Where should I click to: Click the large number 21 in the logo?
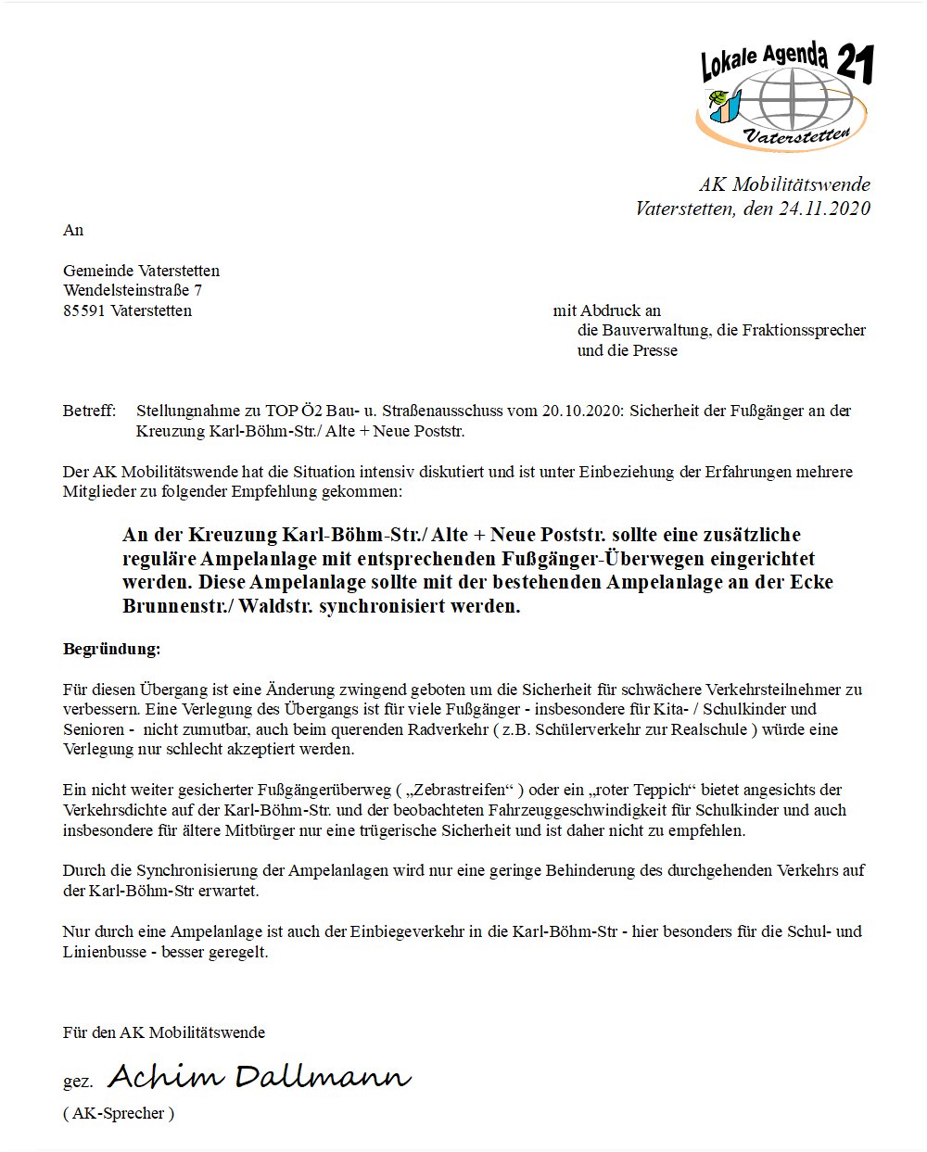(855, 65)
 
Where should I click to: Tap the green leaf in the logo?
(717, 98)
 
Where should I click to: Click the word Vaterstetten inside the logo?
(797, 136)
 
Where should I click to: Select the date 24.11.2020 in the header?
(824, 209)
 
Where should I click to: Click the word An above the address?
(73, 230)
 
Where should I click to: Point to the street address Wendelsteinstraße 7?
(133, 290)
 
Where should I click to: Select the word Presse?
(654, 350)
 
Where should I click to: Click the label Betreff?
(89, 411)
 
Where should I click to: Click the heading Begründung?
(111, 649)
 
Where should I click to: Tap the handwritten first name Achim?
(166, 1077)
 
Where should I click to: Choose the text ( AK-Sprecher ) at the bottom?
(119, 1113)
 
